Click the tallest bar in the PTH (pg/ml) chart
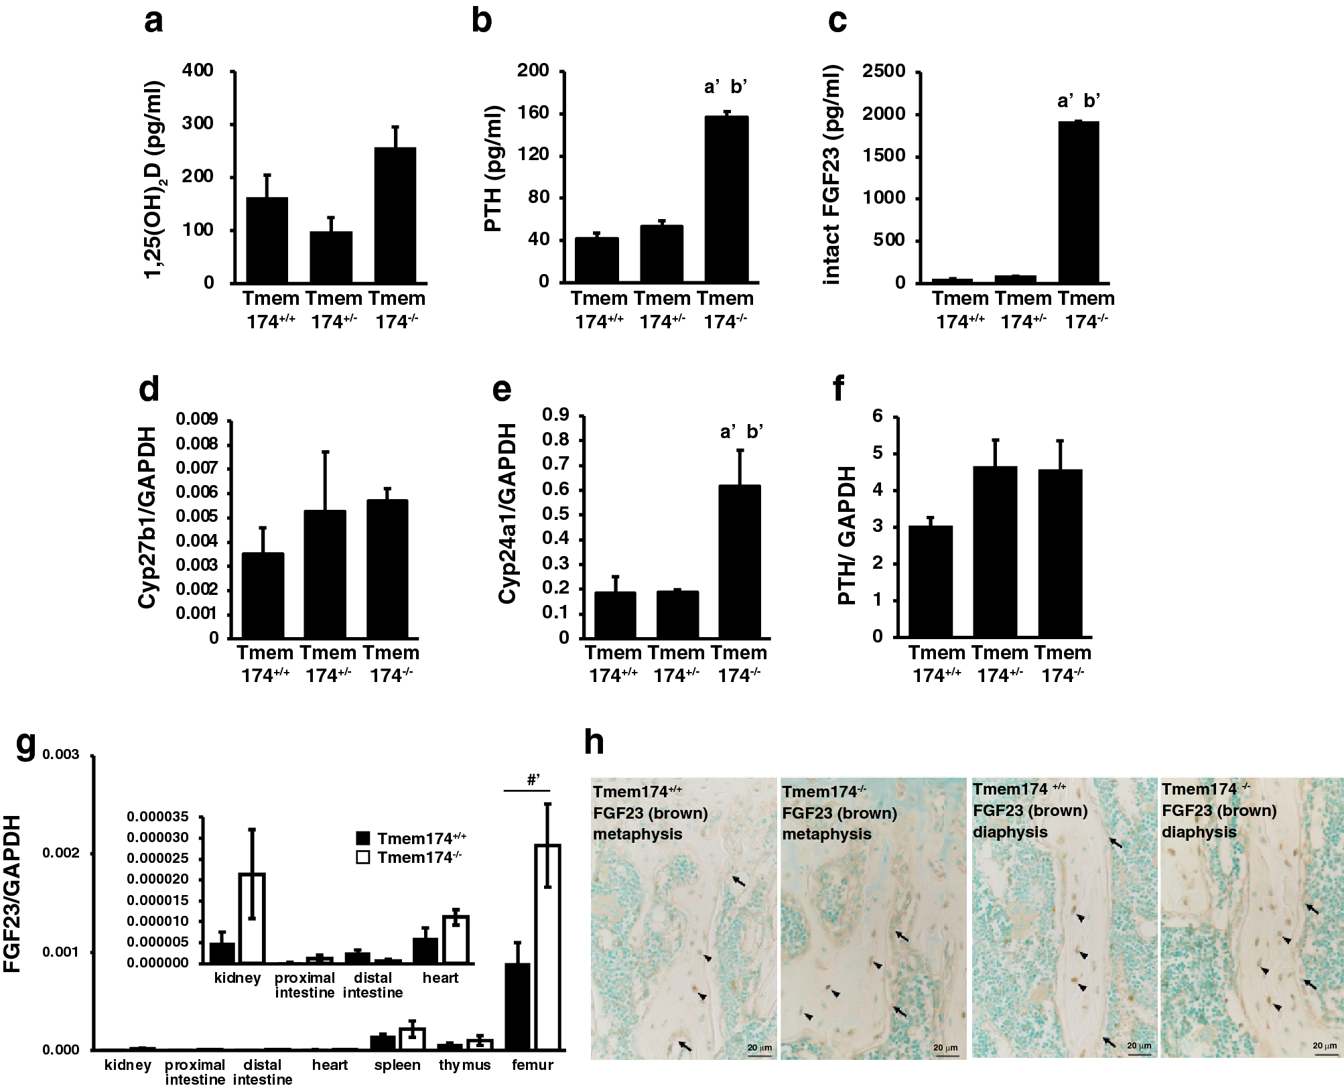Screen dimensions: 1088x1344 (726, 199)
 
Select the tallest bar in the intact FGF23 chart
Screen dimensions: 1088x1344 (1078, 202)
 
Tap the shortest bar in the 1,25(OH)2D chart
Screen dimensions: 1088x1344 (330, 257)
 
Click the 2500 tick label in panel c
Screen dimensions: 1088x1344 (884, 71)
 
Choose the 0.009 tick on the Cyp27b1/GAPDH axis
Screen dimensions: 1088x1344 (196, 419)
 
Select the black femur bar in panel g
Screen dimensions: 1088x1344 (517, 1006)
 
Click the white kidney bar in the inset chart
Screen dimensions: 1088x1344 (253, 918)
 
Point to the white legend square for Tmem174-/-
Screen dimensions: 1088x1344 (364, 857)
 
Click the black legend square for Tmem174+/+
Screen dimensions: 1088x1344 (364, 838)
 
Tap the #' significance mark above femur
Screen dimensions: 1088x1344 (533, 779)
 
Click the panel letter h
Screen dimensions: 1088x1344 (594, 743)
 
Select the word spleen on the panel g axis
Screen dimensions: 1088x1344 (397, 1065)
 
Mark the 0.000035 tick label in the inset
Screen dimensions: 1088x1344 (157, 817)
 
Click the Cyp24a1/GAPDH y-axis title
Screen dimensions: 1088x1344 (508, 514)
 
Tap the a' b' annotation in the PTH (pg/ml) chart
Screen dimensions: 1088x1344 (726, 86)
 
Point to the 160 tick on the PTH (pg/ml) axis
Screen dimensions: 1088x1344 (533, 113)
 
